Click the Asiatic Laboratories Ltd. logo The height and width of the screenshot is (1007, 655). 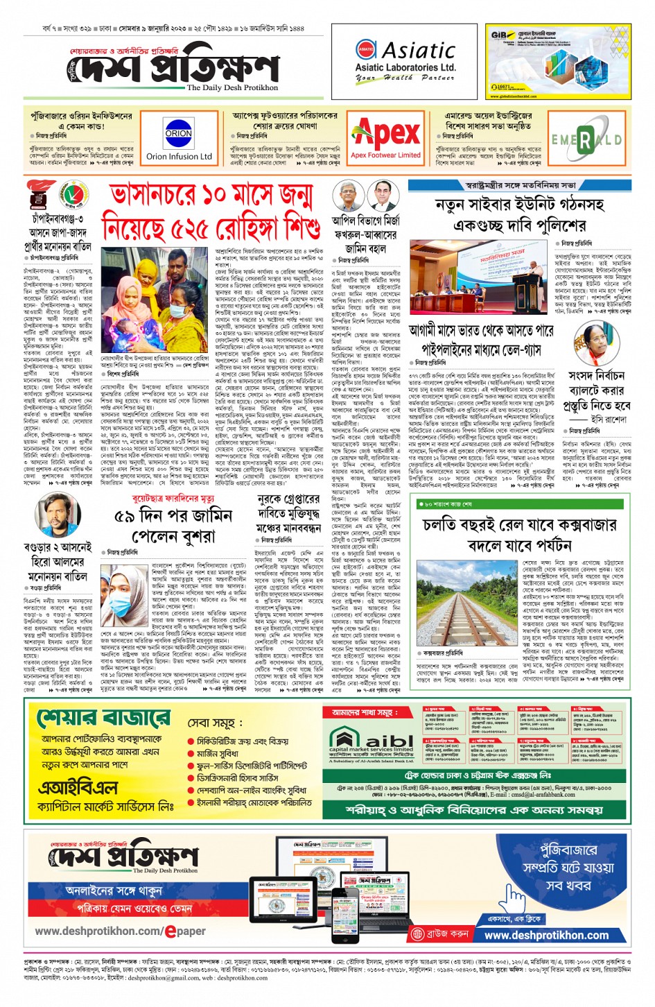405,61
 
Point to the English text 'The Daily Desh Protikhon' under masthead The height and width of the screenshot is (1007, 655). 232,88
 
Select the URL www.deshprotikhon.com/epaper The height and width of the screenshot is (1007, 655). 120,931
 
